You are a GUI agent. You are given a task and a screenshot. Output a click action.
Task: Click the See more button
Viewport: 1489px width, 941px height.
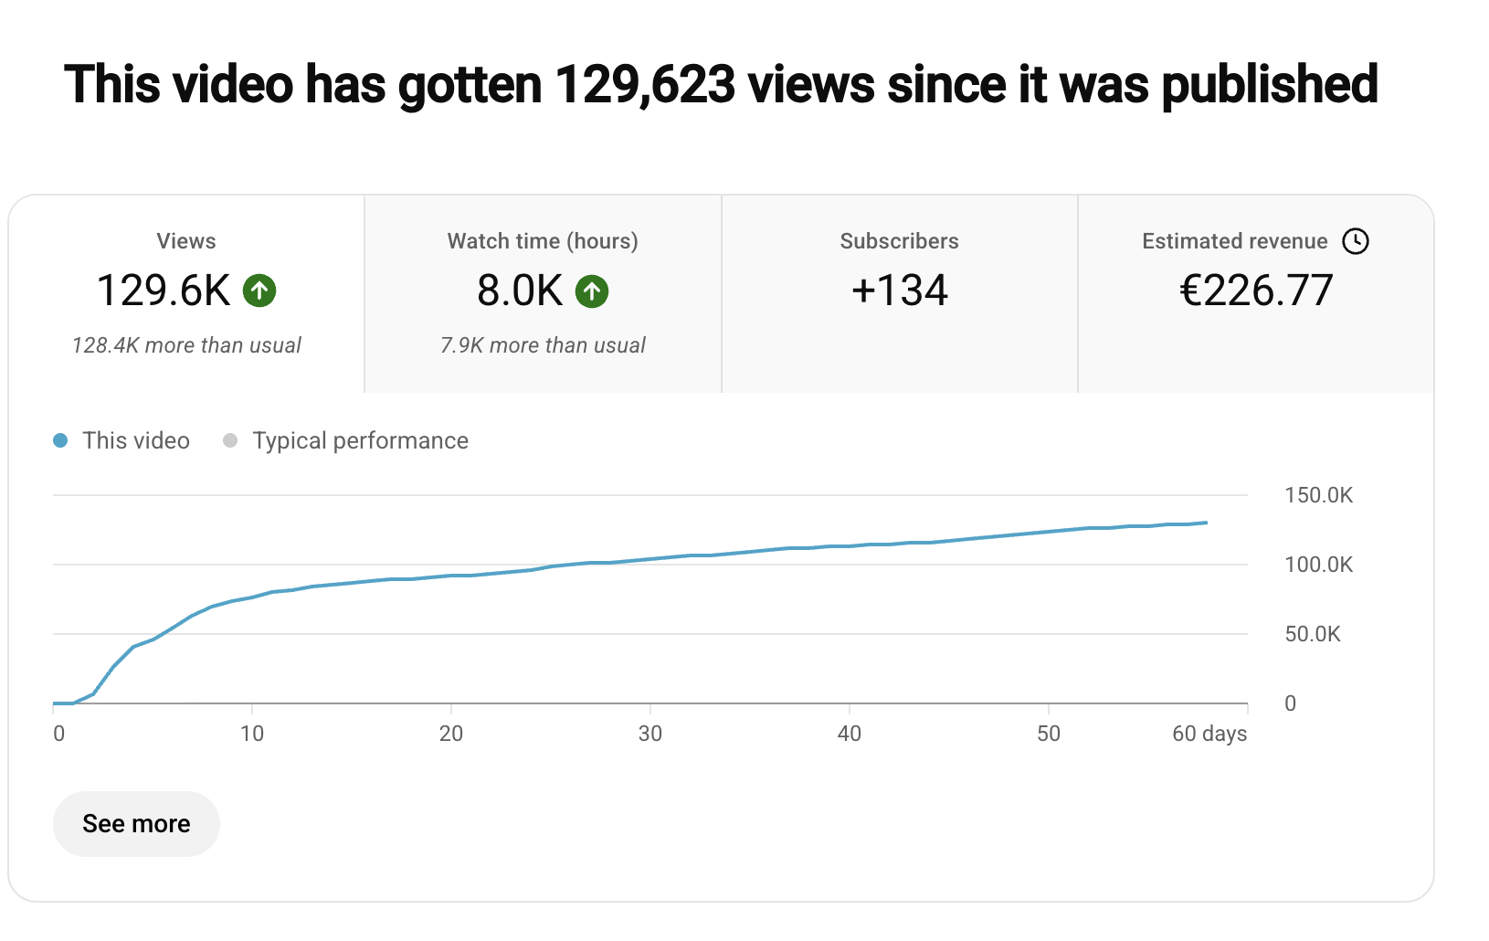[x=136, y=824]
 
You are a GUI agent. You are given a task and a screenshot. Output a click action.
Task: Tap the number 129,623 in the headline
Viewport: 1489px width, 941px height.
[x=645, y=84]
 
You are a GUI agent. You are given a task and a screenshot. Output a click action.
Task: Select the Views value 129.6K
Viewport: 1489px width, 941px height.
[x=164, y=291]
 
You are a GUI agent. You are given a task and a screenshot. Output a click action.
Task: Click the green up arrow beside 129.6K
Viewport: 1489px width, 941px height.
[x=259, y=291]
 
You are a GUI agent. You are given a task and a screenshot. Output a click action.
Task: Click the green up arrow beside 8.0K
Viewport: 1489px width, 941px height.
[x=592, y=291]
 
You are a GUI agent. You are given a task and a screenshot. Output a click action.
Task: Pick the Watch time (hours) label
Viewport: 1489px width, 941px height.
[x=543, y=241]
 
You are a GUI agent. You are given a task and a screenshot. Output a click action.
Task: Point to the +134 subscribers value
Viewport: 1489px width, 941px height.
[x=900, y=291]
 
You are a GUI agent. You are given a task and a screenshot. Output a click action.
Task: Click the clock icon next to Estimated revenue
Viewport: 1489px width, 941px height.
[x=1356, y=241]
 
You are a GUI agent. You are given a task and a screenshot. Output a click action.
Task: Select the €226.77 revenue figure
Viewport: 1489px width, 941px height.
[x=1256, y=291]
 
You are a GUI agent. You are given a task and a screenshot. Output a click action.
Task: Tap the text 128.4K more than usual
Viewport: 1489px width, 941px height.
[x=186, y=345]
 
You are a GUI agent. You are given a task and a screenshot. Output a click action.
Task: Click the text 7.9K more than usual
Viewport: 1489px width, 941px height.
[x=543, y=345]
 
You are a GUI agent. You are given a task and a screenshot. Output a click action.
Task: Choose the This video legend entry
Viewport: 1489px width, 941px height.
[x=135, y=440]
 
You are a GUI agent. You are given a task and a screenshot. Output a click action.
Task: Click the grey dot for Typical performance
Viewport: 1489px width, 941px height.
[x=230, y=440]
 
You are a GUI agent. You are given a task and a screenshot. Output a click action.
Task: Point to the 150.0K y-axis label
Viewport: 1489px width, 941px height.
[x=1318, y=495]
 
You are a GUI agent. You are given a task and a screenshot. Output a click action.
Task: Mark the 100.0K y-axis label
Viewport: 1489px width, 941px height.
[x=1318, y=565]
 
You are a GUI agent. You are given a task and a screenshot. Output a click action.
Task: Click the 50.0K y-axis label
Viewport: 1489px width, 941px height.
[x=1313, y=634]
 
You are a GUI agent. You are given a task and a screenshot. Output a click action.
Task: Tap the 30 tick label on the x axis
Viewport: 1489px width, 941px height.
[x=650, y=734]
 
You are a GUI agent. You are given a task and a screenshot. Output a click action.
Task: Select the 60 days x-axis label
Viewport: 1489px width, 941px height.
[x=1209, y=734]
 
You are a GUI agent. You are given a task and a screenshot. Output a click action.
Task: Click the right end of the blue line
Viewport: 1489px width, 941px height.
[x=1206, y=523]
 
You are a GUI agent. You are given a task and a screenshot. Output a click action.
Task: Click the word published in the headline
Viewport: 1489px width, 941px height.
[x=1270, y=84]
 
